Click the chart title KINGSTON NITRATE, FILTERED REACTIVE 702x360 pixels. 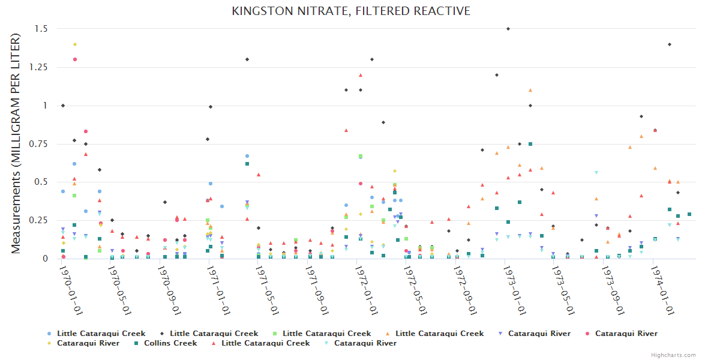tap(351, 11)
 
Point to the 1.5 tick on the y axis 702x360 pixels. tap(42, 29)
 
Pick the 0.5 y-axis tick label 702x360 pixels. tap(42, 182)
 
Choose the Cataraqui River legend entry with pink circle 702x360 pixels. tap(626, 334)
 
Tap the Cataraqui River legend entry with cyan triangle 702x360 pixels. tap(365, 343)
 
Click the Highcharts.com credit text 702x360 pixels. tap(674, 355)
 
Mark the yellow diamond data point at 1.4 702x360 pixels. tap(75, 44)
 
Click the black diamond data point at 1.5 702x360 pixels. tap(508, 29)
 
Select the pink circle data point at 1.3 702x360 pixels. tap(75, 59)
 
